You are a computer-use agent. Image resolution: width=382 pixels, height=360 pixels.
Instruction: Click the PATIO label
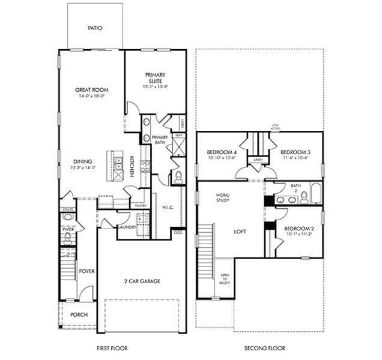[94, 28]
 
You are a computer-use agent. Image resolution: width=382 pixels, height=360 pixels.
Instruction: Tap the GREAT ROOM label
[91, 90]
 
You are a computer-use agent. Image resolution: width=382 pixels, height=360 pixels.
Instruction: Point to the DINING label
[83, 161]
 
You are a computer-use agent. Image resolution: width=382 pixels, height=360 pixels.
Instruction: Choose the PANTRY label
[141, 206]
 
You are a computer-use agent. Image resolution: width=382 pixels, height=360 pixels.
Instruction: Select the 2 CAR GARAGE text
[141, 280]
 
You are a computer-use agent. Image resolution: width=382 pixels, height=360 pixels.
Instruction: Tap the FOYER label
[86, 271]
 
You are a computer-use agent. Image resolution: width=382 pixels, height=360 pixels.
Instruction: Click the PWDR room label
[67, 229]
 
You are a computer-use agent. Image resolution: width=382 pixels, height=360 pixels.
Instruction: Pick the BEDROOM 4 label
[222, 152]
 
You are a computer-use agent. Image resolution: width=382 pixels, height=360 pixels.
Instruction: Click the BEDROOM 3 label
[295, 152]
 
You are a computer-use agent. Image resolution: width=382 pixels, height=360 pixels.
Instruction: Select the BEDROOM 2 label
[298, 229]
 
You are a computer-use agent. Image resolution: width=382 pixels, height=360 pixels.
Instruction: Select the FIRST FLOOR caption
[112, 348]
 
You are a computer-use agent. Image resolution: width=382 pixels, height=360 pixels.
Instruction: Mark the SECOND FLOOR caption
[264, 348]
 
